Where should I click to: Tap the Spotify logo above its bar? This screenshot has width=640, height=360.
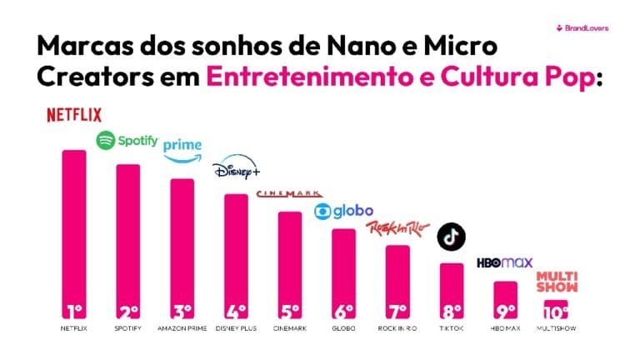pyautogui.click(x=127, y=141)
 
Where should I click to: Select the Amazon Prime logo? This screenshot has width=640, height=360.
pyautogui.click(x=182, y=150)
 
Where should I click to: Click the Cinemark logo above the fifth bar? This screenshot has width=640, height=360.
pyautogui.click(x=288, y=194)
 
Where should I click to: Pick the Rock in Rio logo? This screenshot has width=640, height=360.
pyautogui.click(x=397, y=227)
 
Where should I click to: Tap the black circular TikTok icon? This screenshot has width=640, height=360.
pyautogui.click(x=452, y=237)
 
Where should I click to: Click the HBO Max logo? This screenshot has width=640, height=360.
pyautogui.click(x=504, y=263)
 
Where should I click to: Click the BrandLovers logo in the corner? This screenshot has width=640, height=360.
pyautogui.click(x=582, y=27)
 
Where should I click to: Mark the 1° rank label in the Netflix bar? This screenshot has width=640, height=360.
pyautogui.click(x=74, y=312)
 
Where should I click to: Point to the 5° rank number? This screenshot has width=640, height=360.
pyautogui.click(x=289, y=312)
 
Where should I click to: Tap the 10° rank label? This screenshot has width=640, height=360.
pyautogui.click(x=557, y=312)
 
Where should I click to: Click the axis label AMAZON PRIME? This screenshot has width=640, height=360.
pyautogui.click(x=182, y=329)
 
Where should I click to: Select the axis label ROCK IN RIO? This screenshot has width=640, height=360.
pyautogui.click(x=397, y=329)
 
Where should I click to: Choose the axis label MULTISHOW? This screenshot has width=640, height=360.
pyautogui.click(x=557, y=329)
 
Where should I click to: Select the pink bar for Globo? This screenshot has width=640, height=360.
pyautogui.click(x=343, y=267)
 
